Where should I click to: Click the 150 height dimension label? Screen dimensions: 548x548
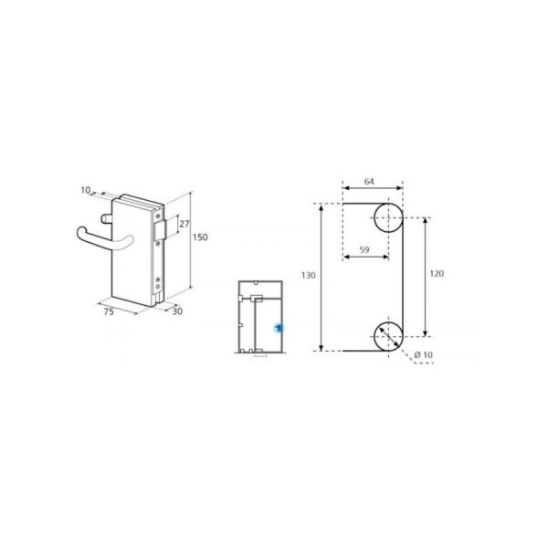(201, 237)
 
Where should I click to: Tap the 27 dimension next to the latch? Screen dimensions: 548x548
(184, 224)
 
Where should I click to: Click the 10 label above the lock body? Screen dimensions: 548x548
(85, 191)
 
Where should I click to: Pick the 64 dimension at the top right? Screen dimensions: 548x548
(369, 182)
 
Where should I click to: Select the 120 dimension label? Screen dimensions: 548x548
(437, 274)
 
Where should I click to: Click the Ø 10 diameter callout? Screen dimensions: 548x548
(423, 353)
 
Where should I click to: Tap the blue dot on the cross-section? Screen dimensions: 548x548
(279, 326)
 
